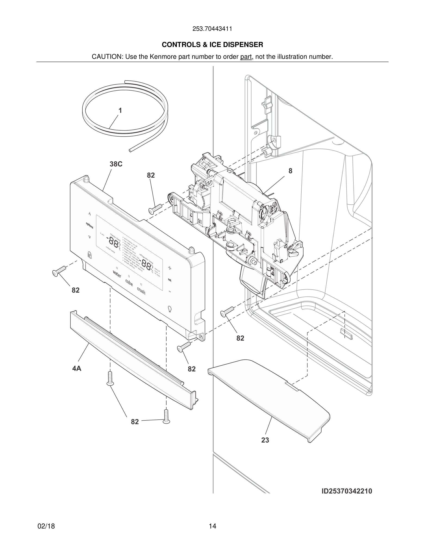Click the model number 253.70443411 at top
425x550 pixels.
pos(212,29)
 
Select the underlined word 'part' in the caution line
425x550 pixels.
pos(246,57)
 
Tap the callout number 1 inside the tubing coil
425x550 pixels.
pos(120,111)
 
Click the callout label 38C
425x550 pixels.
pos(116,164)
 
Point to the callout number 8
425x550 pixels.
pos(290,171)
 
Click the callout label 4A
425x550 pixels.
pos(77,369)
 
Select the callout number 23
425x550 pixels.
pos(265,440)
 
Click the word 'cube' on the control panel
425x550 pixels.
pos(129,283)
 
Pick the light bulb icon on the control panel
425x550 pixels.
pos(169,309)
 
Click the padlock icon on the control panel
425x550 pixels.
pos(89,255)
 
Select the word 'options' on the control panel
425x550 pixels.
pos(89,225)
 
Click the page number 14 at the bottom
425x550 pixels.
pos(212,526)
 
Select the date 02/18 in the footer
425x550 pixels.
pos(46,526)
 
